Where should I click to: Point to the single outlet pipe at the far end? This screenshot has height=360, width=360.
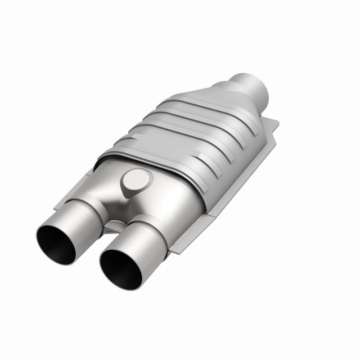point(254,83)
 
